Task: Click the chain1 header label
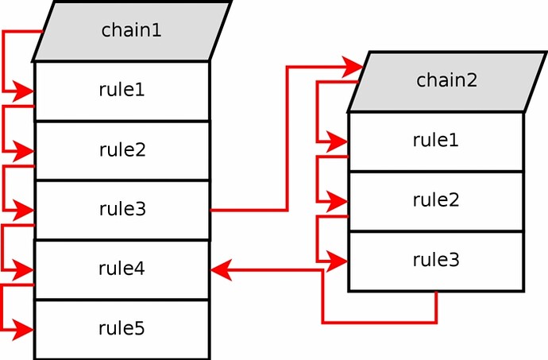pos(131,31)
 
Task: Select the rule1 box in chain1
pos(122,90)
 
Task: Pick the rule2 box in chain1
pos(122,150)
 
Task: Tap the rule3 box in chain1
pos(122,210)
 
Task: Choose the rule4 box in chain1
pos(122,269)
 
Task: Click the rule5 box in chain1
pos(122,328)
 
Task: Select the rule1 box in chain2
pos(436,141)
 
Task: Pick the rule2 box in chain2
pos(436,200)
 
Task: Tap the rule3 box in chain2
pos(436,261)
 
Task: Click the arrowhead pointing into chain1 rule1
pos(25,93)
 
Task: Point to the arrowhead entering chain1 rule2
pos(25,150)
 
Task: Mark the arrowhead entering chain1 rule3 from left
pos(25,211)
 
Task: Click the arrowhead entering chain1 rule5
pos(25,327)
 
